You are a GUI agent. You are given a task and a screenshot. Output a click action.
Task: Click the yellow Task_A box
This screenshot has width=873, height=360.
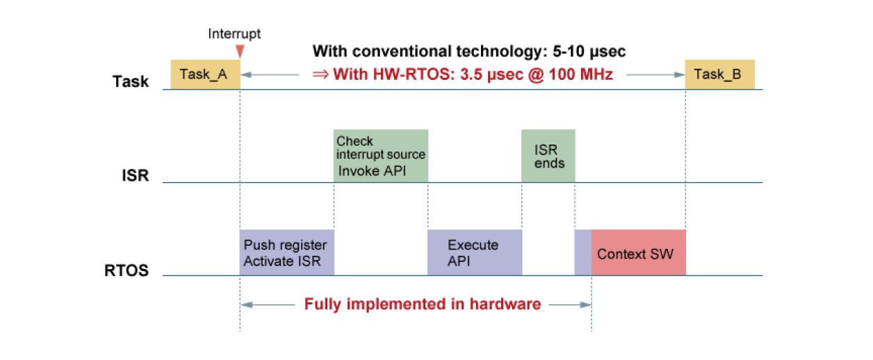pyautogui.click(x=205, y=74)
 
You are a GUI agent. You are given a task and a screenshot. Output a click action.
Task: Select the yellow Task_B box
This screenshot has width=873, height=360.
pyautogui.click(x=719, y=74)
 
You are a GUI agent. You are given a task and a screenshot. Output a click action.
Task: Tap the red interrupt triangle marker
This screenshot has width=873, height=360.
pyautogui.click(x=240, y=51)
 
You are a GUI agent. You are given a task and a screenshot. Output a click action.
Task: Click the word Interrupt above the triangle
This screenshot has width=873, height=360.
pyautogui.click(x=234, y=33)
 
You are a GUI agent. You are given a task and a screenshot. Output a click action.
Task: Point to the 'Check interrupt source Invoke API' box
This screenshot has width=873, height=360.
pyautogui.click(x=380, y=156)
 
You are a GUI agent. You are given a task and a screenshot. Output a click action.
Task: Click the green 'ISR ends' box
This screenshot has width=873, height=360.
pyautogui.click(x=548, y=156)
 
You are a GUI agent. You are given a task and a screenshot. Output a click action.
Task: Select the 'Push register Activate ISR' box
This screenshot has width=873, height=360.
pyautogui.click(x=286, y=252)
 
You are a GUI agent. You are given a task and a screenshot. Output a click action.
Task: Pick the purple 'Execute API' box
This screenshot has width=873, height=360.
pyautogui.click(x=474, y=252)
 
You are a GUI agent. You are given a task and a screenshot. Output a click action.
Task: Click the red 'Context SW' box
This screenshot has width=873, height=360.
pyautogui.click(x=638, y=252)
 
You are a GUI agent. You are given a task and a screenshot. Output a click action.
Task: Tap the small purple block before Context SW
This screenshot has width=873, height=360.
pyautogui.click(x=582, y=252)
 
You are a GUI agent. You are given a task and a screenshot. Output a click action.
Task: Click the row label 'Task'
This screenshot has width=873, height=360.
pyautogui.click(x=131, y=82)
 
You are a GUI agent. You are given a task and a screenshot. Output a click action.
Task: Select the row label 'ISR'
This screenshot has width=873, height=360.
pyautogui.click(x=136, y=175)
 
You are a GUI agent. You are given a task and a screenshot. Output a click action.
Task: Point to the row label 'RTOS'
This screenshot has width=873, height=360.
pyautogui.click(x=126, y=270)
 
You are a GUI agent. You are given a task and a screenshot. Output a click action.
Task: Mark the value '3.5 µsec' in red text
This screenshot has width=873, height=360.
pyautogui.click(x=480, y=74)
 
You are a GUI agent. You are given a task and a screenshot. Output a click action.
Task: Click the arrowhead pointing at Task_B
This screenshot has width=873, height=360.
pyautogui.click(x=681, y=74)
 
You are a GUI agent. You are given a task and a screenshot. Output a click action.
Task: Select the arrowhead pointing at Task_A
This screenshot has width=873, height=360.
pyautogui.click(x=245, y=74)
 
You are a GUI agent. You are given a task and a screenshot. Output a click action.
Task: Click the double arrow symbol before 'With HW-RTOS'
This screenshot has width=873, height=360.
pyautogui.click(x=320, y=74)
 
